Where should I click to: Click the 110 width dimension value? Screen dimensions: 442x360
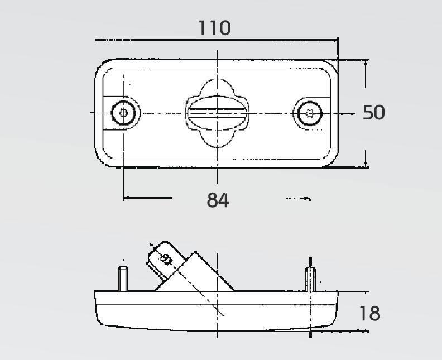215,27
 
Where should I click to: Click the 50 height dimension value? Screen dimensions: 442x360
373,112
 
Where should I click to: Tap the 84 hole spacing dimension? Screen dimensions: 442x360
218,200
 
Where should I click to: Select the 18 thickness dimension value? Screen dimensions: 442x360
370,313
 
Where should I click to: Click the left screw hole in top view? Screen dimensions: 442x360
123,113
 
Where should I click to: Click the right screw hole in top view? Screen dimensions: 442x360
310,113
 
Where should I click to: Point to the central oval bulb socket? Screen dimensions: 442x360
217,113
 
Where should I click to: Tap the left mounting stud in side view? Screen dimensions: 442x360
123,279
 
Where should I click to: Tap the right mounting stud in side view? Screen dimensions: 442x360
310,279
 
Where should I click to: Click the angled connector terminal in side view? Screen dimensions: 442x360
165,260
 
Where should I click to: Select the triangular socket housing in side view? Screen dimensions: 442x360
195,271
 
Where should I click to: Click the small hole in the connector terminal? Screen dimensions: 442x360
166,259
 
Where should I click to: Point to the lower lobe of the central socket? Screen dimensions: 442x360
217,140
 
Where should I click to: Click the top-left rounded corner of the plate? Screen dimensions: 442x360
102,66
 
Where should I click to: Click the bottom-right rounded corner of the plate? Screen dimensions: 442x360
331,161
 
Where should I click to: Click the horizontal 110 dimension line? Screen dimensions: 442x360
217,40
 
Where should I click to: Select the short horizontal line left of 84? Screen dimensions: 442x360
148,198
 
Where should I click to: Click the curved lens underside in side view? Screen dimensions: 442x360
217,328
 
